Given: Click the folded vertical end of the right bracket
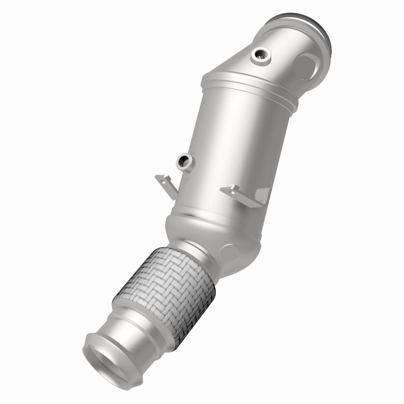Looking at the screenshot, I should [x=263, y=195].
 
